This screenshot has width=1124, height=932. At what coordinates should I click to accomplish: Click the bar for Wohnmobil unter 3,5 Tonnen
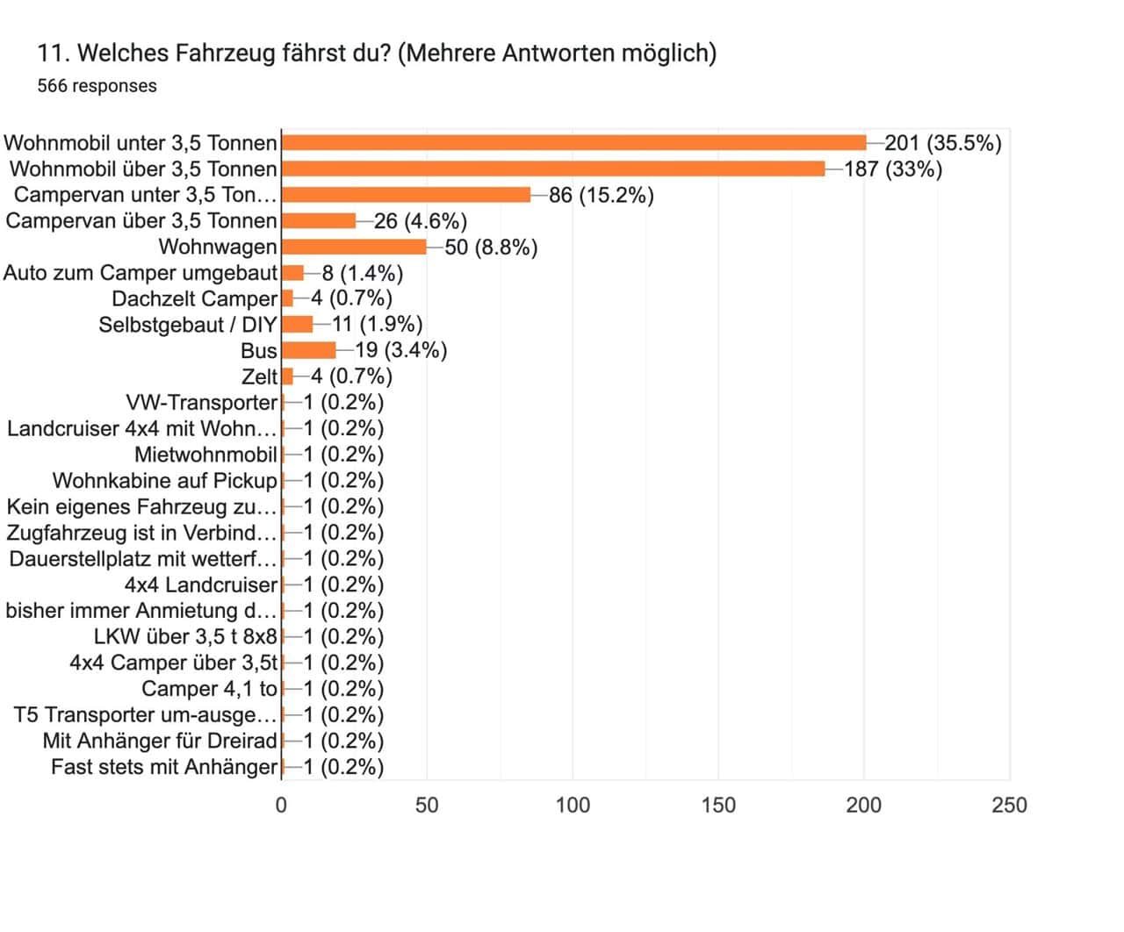573,142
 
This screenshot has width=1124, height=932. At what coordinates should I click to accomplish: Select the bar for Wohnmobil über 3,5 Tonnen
553,168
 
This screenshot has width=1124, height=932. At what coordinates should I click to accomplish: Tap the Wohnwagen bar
354,247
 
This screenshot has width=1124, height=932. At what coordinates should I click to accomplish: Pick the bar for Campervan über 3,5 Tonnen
319,220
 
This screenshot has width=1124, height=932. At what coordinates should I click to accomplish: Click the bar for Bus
308,350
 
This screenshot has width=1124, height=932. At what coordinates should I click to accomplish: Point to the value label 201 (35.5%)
942,142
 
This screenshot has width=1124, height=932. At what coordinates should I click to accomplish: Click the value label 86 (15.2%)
602,195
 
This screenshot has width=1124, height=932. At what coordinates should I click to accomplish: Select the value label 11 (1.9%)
378,325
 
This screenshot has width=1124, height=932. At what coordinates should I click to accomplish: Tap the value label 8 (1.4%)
363,273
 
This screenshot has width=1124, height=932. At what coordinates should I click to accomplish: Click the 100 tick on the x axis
573,805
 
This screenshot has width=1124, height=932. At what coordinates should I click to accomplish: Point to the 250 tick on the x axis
1009,805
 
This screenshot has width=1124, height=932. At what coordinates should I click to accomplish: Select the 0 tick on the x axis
281,805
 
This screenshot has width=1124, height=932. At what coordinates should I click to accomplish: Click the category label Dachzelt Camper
194,298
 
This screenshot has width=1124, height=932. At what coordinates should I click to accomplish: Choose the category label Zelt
259,376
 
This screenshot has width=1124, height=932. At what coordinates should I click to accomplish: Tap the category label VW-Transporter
201,403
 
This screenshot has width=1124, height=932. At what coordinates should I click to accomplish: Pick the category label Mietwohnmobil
205,455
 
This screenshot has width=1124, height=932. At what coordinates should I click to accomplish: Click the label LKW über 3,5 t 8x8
184,636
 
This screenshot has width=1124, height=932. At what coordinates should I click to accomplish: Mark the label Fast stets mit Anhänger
163,767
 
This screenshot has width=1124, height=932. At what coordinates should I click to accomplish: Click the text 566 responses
97,86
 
